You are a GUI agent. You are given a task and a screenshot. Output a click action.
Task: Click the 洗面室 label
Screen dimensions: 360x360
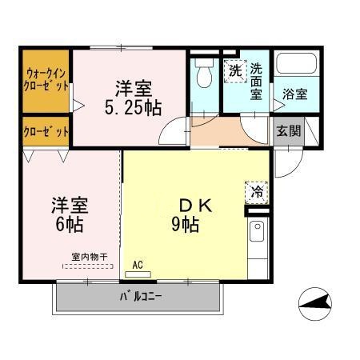click(x=256, y=81)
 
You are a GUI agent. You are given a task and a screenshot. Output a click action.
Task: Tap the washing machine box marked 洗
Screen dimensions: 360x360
click(x=234, y=70)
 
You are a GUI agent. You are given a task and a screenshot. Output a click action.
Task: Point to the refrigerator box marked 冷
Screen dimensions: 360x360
click(x=257, y=191)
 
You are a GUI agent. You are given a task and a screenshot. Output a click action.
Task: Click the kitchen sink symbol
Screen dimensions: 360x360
click(x=258, y=233)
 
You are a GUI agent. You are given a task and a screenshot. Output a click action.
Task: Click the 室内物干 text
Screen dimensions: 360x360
click(x=89, y=257)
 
